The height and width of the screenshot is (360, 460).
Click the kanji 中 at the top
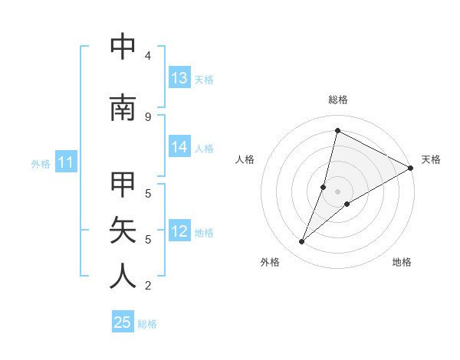coord(123,47)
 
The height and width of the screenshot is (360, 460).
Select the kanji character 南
coord(123,108)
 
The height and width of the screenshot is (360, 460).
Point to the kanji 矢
coord(123,230)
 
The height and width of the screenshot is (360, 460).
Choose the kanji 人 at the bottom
coord(123,276)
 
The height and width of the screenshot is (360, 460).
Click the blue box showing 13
coord(179,78)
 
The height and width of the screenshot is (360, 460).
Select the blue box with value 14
coord(179,148)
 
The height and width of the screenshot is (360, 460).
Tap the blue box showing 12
coord(179,232)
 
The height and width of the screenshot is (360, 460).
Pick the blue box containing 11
coord(66,162)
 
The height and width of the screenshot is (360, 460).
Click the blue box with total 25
coord(123,322)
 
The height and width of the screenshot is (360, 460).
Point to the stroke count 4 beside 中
coord(148,56)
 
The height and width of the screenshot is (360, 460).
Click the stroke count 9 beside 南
coord(148,116)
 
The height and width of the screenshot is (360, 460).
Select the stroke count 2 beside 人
coord(148,286)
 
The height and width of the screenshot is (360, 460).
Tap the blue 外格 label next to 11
coord(40,163)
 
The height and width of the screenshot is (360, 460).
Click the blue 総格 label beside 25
coord(147,323)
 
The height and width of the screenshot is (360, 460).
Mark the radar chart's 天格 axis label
coord(431,159)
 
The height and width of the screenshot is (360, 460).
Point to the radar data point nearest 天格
coord(411,169)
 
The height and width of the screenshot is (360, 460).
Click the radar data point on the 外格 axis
coord(302,242)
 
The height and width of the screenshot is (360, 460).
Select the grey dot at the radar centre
coord(337,191)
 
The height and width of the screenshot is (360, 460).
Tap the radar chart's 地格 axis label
coord(402,262)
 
